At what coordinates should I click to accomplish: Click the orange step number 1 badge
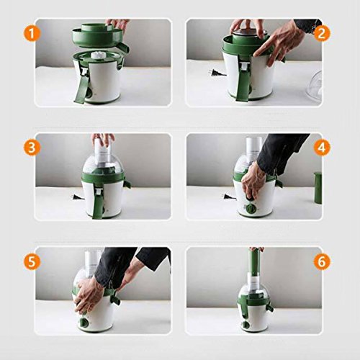32,34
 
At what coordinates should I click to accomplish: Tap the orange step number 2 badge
322,34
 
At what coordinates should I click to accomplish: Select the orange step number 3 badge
32,148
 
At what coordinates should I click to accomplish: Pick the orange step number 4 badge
322,148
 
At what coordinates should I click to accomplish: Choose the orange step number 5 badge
32,261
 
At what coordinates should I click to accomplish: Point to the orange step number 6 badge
322,261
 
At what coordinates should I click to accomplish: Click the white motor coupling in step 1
99,55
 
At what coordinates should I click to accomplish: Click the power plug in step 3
77,198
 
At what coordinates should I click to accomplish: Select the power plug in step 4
229,197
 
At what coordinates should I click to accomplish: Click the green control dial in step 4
249,207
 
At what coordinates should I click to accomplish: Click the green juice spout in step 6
270,307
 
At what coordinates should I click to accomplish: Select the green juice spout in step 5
114,300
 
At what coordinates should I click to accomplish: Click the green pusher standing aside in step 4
318,188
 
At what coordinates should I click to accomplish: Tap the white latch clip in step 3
99,192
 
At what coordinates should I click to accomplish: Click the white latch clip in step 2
243,66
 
